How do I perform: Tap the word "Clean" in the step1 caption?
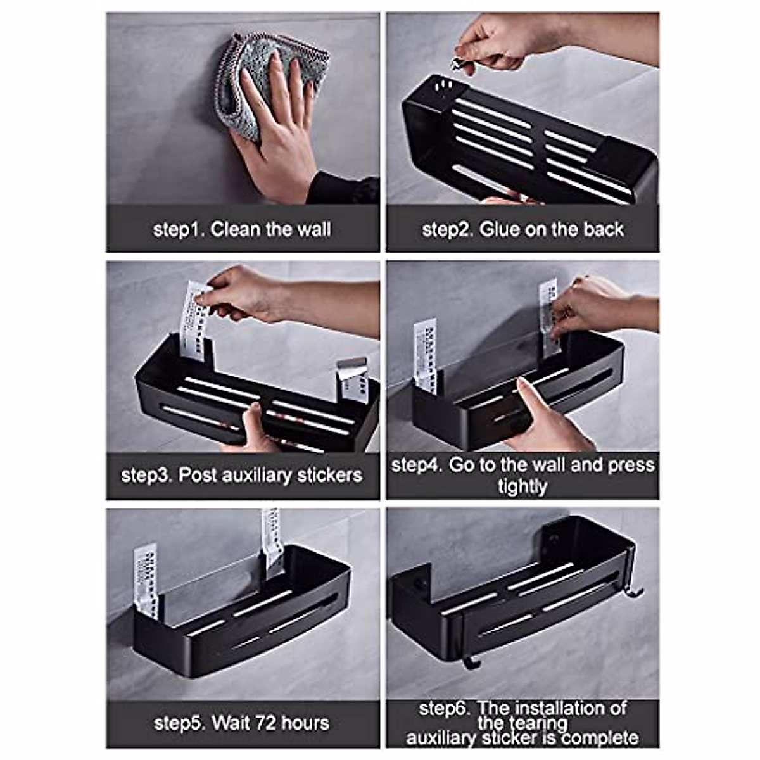point(236,229)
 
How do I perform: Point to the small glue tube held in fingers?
point(457,63)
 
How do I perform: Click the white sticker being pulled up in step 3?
point(194,323)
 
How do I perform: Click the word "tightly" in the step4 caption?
point(522,487)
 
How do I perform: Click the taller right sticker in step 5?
point(272,541)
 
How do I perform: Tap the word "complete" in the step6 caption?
point(599,738)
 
